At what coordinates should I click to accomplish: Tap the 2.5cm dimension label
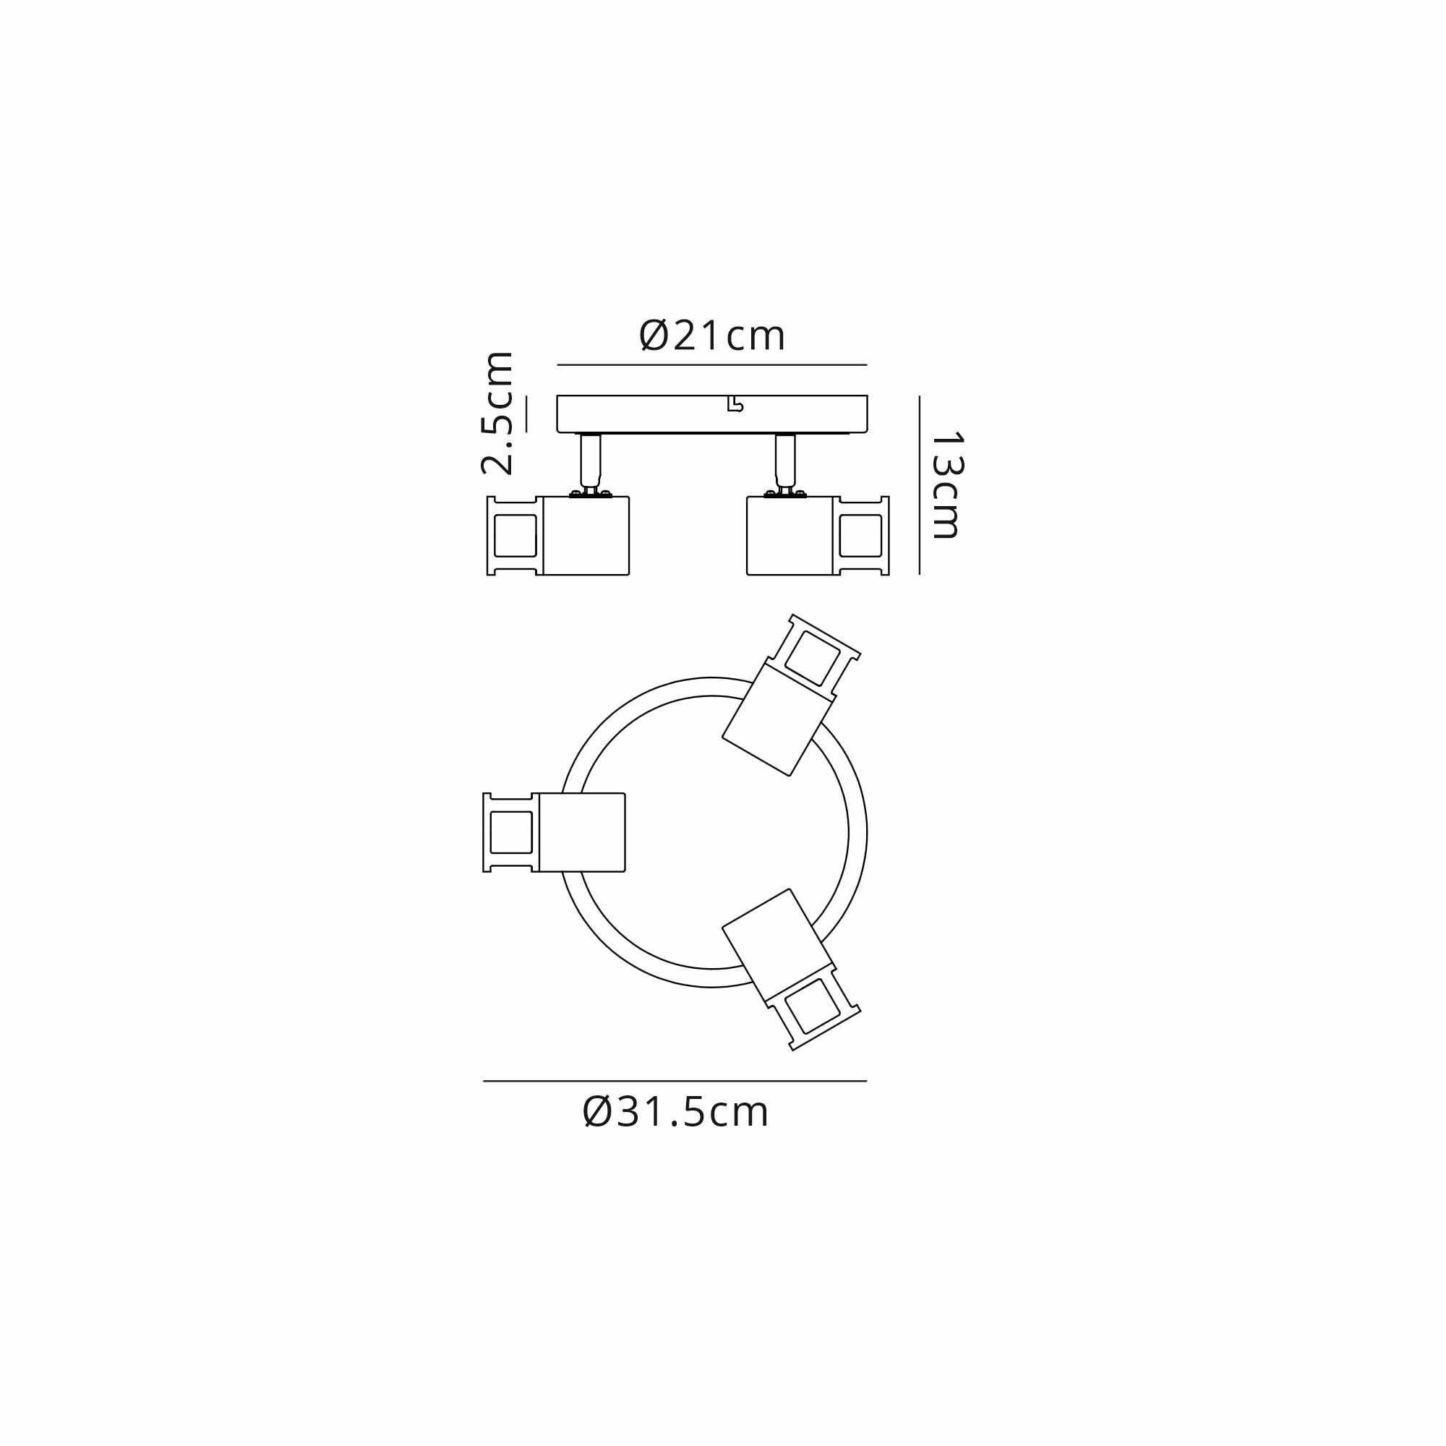(497, 413)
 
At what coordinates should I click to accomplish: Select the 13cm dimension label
(946, 485)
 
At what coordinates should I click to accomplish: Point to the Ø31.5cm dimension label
(675, 1112)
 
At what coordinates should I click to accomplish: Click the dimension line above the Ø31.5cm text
(675, 1081)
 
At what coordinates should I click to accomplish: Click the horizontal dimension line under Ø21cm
(711, 365)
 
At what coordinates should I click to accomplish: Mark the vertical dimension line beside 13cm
(919, 485)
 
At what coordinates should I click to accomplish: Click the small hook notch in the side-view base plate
(735, 405)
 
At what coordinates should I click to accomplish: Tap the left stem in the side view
(591, 460)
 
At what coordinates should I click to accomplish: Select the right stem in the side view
(785, 460)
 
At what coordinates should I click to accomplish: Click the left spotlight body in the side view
(586, 536)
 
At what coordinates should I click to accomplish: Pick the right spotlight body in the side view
(790, 536)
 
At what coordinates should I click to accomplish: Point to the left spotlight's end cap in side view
(515, 536)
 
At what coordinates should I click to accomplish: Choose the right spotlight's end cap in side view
(860, 536)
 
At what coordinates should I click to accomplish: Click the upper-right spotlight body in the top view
(779, 718)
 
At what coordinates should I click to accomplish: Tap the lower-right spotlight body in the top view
(779, 947)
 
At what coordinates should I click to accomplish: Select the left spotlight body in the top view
(581, 832)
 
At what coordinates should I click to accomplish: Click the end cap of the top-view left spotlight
(510, 832)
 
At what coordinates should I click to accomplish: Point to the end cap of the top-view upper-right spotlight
(815, 656)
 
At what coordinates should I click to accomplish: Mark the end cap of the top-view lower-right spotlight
(815, 1008)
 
